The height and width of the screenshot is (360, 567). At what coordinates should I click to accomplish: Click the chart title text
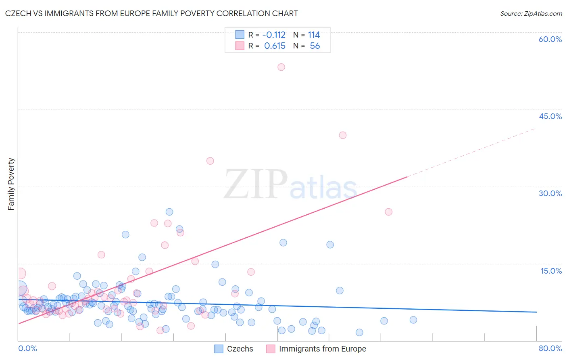151,13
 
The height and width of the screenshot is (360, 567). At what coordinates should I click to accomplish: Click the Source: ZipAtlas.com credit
531,13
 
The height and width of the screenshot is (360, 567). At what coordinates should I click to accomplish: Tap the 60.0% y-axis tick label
550,39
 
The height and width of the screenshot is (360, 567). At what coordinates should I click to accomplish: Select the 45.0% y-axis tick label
550,116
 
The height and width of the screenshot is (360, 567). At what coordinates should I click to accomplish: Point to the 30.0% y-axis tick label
550,193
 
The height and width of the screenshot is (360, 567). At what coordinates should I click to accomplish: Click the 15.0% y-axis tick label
551,271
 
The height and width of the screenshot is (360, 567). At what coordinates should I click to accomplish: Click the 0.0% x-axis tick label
27,348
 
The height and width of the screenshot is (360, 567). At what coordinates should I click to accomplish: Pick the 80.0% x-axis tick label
550,348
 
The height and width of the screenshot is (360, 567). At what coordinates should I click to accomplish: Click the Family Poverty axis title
11,184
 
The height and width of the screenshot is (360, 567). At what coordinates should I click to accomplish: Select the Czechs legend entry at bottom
234,349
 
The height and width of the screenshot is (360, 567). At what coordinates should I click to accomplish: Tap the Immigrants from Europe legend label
322,349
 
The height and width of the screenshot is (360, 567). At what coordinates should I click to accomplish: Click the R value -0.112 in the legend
274,35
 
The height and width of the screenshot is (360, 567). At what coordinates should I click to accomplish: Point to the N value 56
315,46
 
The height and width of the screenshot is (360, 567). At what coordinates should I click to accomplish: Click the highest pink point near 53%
281,67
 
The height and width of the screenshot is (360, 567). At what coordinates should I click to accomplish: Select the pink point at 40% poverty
343,135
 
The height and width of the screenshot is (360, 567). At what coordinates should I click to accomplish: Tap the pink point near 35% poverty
210,161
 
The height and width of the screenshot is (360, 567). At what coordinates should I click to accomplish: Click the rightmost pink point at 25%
388,212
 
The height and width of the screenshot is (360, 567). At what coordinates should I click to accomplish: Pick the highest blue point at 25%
169,212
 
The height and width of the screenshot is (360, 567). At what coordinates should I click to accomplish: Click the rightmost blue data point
413,320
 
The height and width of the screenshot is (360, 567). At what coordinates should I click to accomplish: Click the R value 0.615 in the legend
275,46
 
